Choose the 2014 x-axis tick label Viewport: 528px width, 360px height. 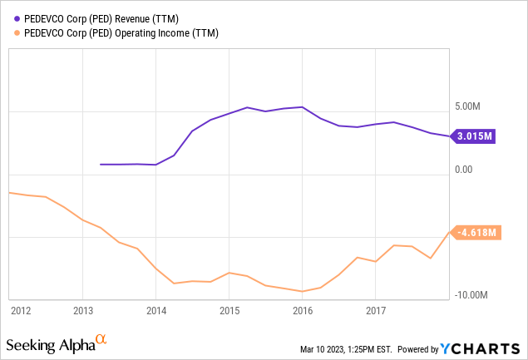click(155, 310)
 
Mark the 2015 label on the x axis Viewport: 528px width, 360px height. click(229, 310)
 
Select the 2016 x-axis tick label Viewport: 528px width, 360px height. click(302, 310)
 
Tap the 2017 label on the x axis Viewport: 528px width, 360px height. click(375, 310)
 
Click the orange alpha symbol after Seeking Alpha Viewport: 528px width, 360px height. click(101, 339)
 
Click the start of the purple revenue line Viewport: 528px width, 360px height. click(101, 165)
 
